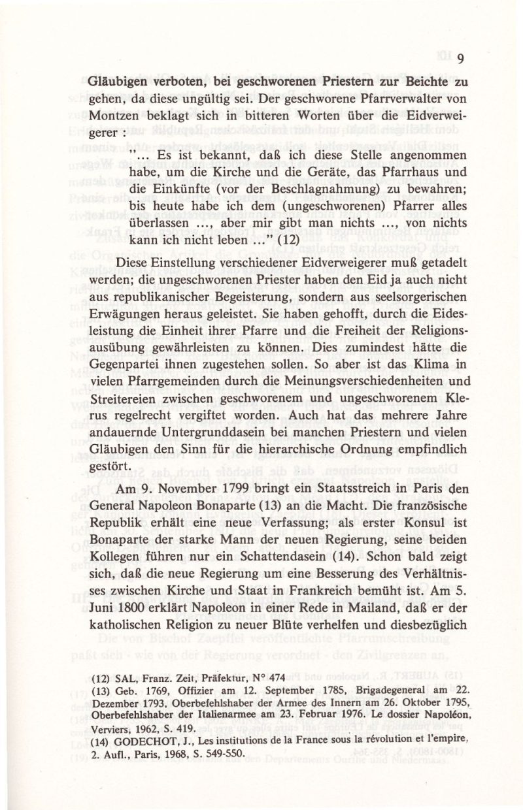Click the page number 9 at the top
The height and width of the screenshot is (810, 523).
(460, 59)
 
